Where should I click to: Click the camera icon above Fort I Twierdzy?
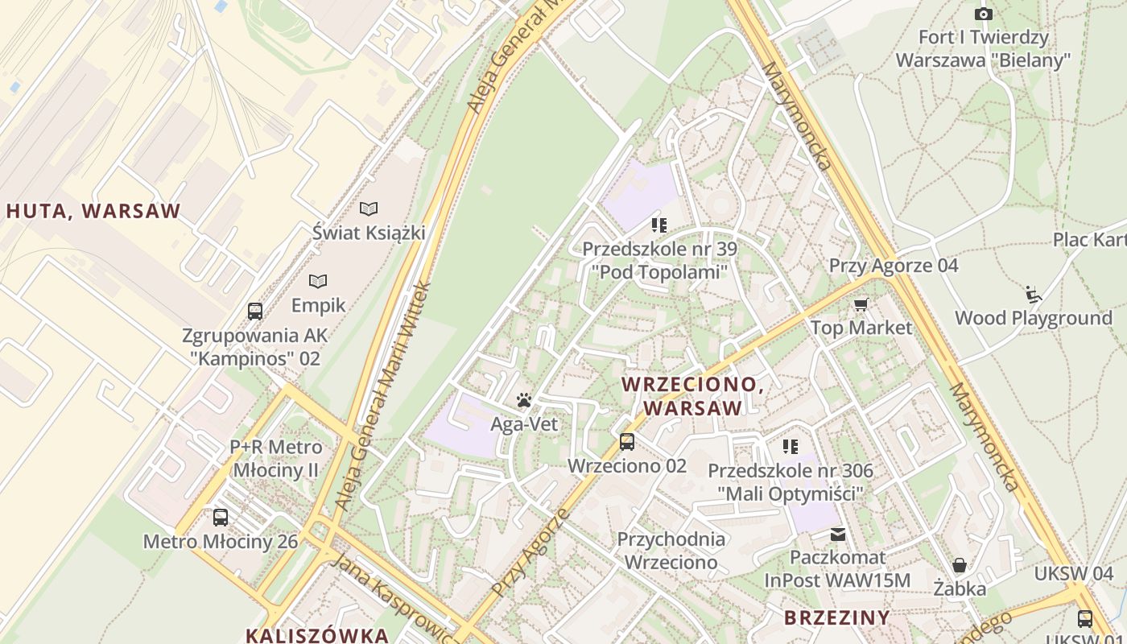click(983, 14)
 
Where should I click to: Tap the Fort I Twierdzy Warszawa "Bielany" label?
click(983, 48)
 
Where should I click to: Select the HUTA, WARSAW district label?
click(94, 212)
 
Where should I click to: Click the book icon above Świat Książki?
click(369, 209)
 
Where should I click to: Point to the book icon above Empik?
click(318, 282)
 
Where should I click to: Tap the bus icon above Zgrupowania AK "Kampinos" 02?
click(255, 311)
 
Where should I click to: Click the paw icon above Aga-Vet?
click(524, 399)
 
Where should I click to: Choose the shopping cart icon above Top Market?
click(861, 304)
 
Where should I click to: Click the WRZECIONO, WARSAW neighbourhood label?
click(692, 396)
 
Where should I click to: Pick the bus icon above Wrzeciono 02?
click(626, 442)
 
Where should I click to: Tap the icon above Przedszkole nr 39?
click(660, 225)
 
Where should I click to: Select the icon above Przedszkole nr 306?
click(791, 446)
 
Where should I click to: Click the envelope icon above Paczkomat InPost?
click(838, 534)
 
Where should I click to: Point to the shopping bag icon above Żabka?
click(959, 565)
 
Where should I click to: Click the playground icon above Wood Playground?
click(1034, 295)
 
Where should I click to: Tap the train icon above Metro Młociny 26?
click(220, 518)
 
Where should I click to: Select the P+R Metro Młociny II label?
click(276, 458)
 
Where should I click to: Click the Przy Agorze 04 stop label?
click(894, 266)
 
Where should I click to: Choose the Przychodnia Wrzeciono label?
click(671, 551)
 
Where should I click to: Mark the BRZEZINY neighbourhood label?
click(837, 617)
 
